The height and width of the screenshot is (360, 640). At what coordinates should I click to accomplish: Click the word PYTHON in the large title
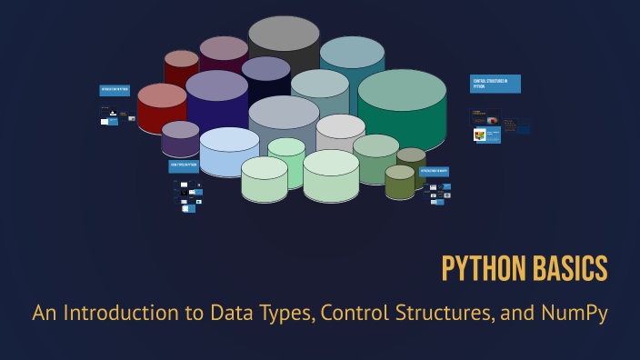[x=480, y=269]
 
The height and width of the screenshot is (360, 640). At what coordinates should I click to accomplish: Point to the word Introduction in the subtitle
[x=135, y=314]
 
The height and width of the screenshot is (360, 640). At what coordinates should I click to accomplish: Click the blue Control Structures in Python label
[x=495, y=84]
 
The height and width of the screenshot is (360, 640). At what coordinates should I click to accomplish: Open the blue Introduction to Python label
[x=115, y=91]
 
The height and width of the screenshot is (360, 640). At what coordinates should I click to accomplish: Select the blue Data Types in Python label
[x=184, y=166]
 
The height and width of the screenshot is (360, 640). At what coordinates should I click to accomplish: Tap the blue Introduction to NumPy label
[x=434, y=171]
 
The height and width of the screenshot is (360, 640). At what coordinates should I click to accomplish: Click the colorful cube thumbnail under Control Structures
[x=479, y=135]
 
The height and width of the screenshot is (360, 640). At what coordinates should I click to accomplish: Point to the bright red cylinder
[x=162, y=107]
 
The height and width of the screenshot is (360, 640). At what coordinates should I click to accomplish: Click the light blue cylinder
[x=229, y=151]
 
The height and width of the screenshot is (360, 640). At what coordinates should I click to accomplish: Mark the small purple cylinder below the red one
[x=180, y=138]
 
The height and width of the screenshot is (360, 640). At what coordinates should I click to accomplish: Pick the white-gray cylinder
[x=341, y=133]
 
